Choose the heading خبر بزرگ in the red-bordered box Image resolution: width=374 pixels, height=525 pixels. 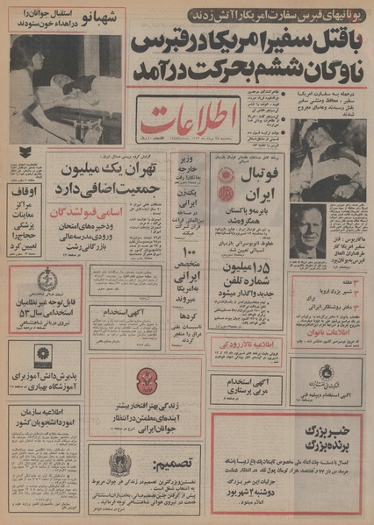pos(320,436)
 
